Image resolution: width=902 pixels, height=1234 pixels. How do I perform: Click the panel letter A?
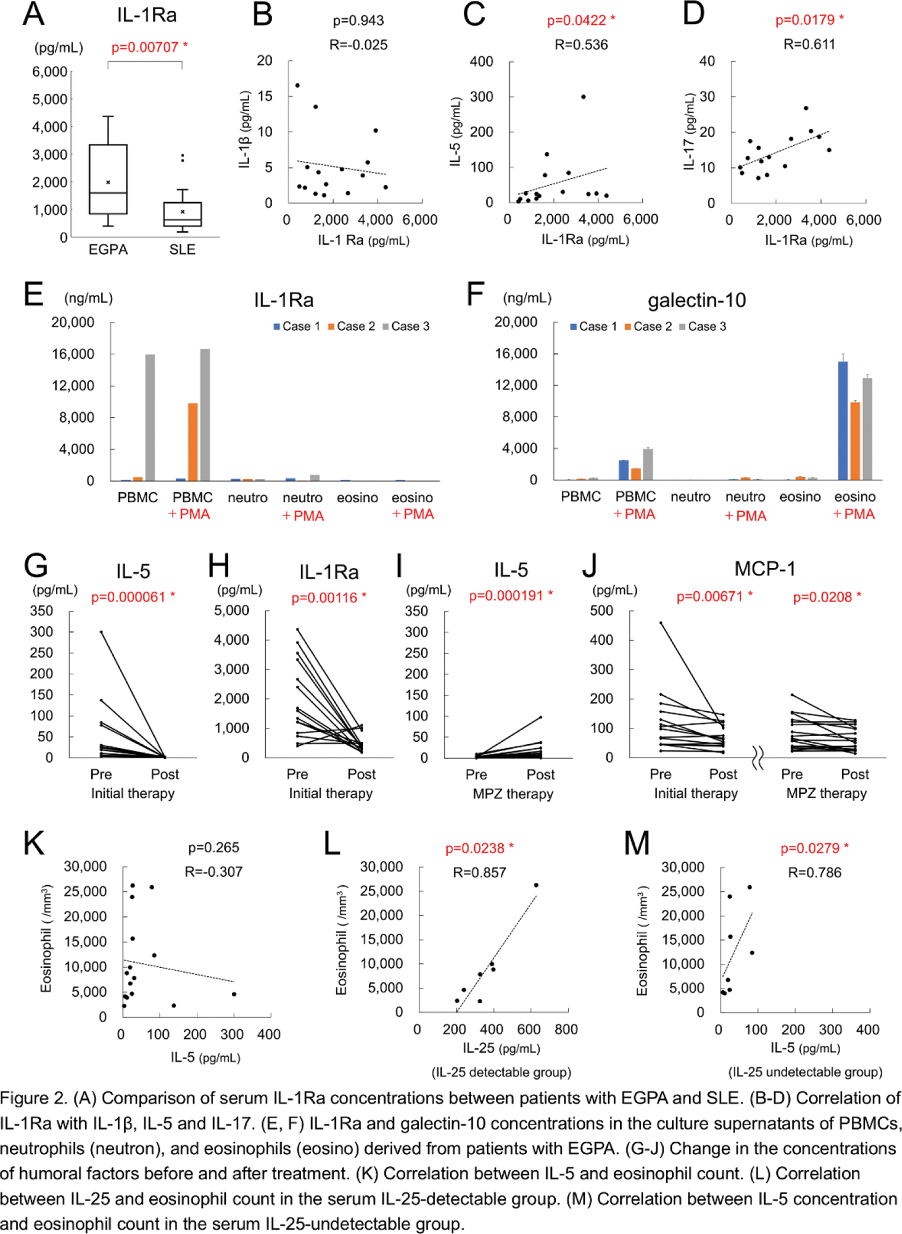(x=34, y=15)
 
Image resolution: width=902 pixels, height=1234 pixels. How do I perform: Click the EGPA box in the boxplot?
(x=108, y=179)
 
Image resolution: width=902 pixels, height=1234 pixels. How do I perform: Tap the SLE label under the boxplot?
(x=182, y=250)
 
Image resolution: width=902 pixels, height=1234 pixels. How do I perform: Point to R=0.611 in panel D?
(x=809, y=44)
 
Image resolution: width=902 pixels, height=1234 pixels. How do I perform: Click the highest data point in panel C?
(x=583, y=97)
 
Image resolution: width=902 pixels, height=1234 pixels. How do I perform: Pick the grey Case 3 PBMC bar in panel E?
(x=150, y=417)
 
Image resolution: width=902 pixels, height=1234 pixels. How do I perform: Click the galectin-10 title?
(x=696, y=300)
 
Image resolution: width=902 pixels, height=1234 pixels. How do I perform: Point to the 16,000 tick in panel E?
(x=73, y=354)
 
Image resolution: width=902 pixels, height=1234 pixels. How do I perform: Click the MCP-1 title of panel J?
(x=765, y=569)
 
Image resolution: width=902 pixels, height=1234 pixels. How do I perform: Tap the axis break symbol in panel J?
(x=758, y=758)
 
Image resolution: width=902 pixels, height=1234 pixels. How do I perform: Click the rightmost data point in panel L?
(x=536, y=885)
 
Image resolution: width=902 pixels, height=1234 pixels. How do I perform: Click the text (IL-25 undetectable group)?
(x=805, y=1072)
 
